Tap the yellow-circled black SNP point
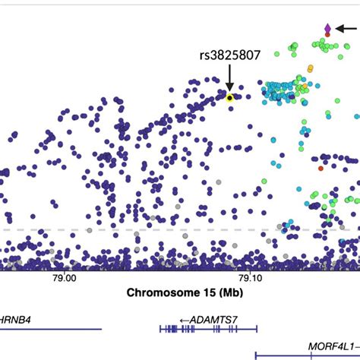[229, 96]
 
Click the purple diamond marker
[327, 28]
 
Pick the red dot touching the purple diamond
[327, 35]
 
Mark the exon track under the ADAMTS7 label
[208, 329]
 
